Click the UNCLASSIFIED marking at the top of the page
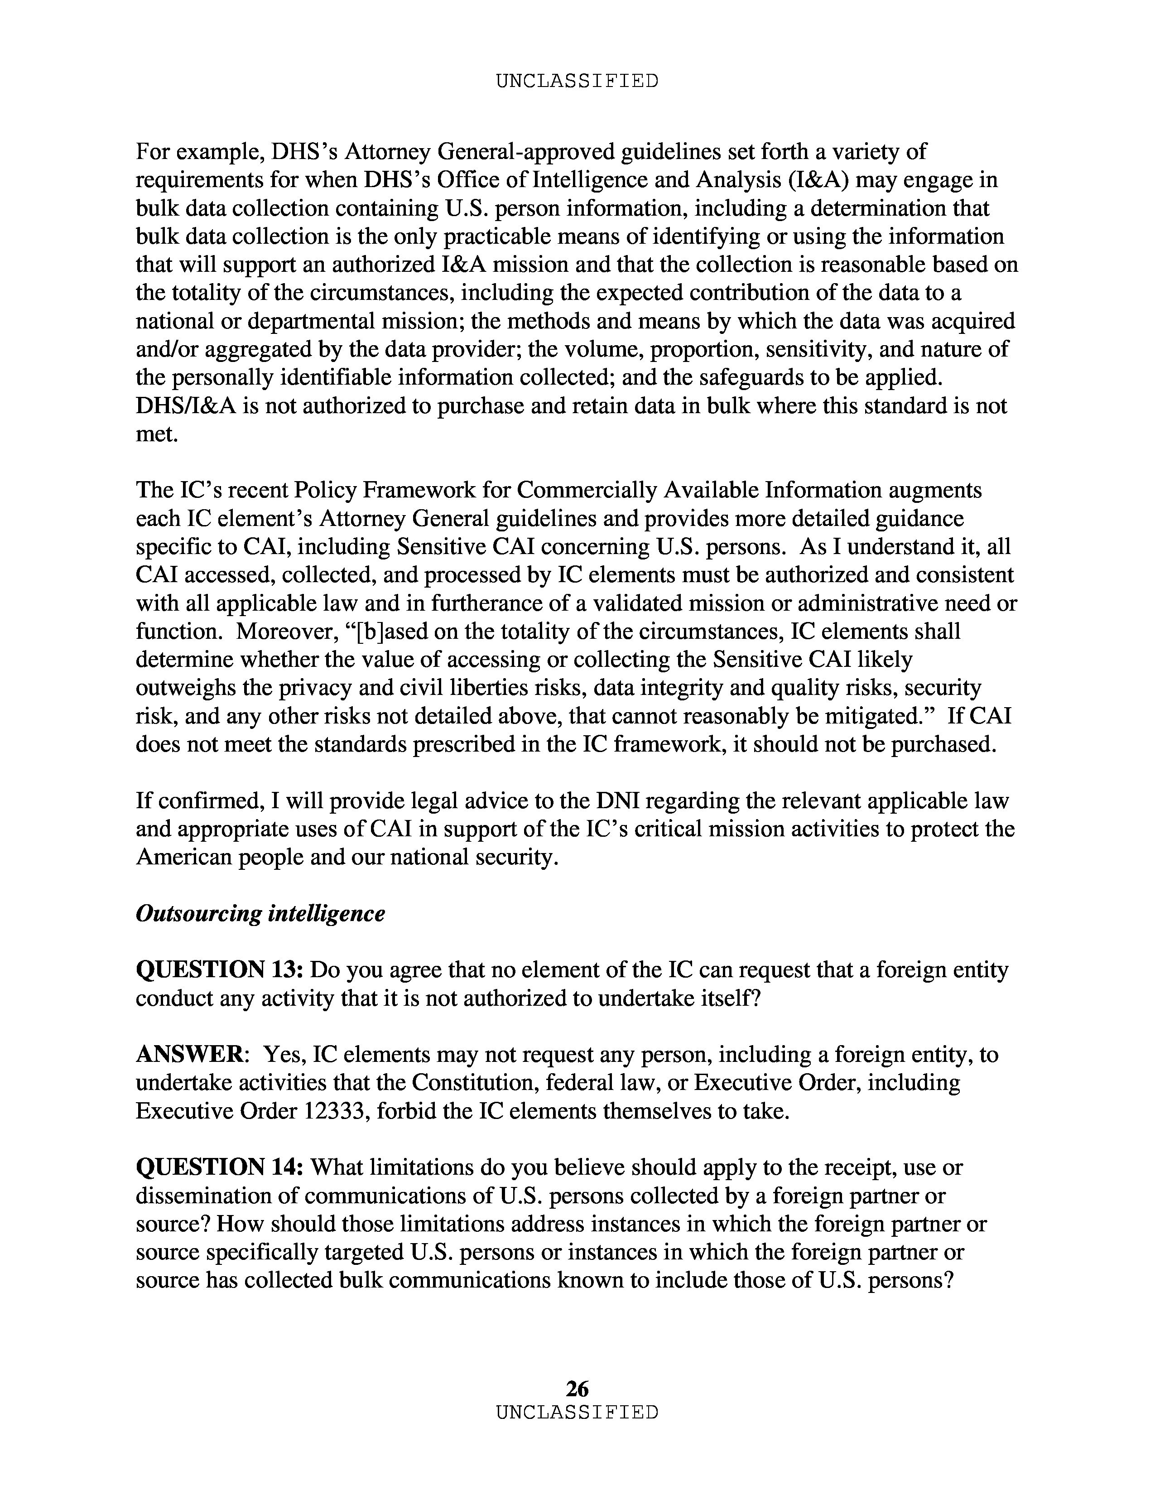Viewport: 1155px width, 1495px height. tap(577, 82)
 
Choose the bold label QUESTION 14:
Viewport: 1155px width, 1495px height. tap(220, 1167)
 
